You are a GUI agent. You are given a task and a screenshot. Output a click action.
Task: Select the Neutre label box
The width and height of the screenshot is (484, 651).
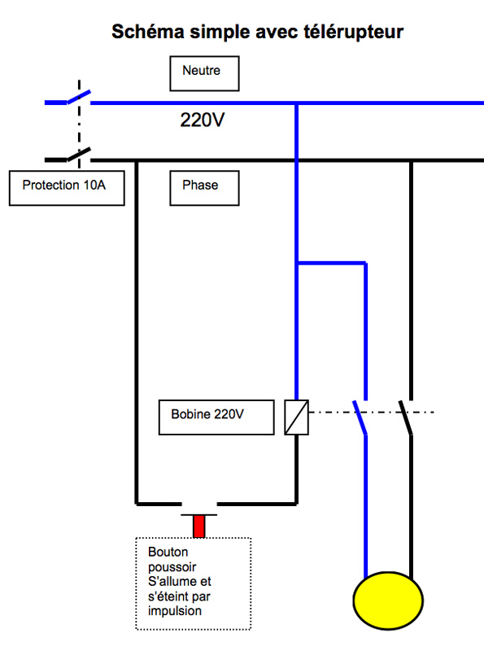[x=204, y=73]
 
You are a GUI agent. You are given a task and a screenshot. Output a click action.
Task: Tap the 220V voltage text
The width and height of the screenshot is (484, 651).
[x=203, y=120]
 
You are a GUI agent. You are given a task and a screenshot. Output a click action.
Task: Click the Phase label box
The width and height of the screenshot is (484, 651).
[x=204, y=188]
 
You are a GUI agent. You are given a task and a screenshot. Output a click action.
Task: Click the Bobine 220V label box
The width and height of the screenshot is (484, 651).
[x=216, y=417]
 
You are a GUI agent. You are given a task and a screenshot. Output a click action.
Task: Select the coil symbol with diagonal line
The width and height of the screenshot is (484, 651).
[x=296, y=417]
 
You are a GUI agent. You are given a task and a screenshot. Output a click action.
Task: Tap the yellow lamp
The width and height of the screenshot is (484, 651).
[x=388, y=601]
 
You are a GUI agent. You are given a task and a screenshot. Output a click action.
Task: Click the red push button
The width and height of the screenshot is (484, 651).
[x=198, y=526]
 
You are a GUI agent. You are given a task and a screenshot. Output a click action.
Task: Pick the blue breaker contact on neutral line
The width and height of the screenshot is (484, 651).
[x=79, y=97]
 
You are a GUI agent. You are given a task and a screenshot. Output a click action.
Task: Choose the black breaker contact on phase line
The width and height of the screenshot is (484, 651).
[x=79, y=154]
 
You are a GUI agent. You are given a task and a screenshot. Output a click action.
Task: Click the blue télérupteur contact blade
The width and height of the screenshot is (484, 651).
[x=360, y=417]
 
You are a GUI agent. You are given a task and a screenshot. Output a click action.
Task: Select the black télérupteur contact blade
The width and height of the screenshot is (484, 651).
[x=406, y=417]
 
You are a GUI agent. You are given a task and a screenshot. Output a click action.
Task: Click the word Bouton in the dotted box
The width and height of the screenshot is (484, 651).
[x=168, y=552]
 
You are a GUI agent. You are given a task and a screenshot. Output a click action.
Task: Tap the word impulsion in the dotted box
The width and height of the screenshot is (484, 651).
[x=175, y=611]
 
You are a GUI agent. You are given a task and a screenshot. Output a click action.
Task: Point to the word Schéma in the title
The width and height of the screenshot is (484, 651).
[x=148, y=32]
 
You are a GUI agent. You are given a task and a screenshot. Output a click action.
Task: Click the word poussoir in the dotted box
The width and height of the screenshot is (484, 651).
[x=172, y=566]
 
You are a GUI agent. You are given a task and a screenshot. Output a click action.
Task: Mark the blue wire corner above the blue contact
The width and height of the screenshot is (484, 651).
[x=366, y=263]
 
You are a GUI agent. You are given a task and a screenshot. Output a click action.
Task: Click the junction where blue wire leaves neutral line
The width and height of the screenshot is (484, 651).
[x=296, y=103]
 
